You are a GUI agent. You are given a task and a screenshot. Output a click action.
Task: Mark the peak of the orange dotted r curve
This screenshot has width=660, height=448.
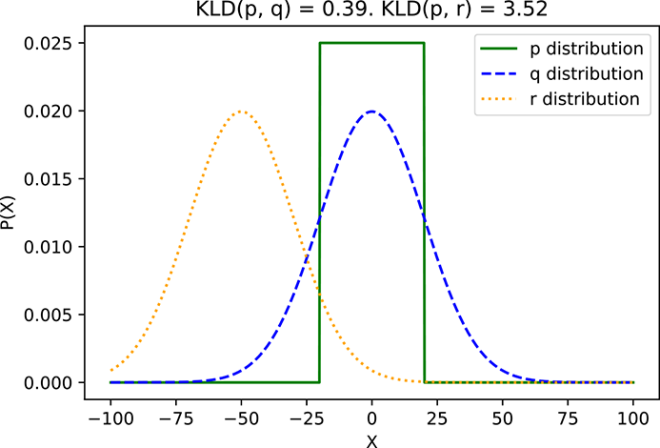(x=241, y=111)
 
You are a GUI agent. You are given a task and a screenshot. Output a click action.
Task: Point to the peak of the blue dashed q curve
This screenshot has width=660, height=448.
(x=371, y=111)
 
